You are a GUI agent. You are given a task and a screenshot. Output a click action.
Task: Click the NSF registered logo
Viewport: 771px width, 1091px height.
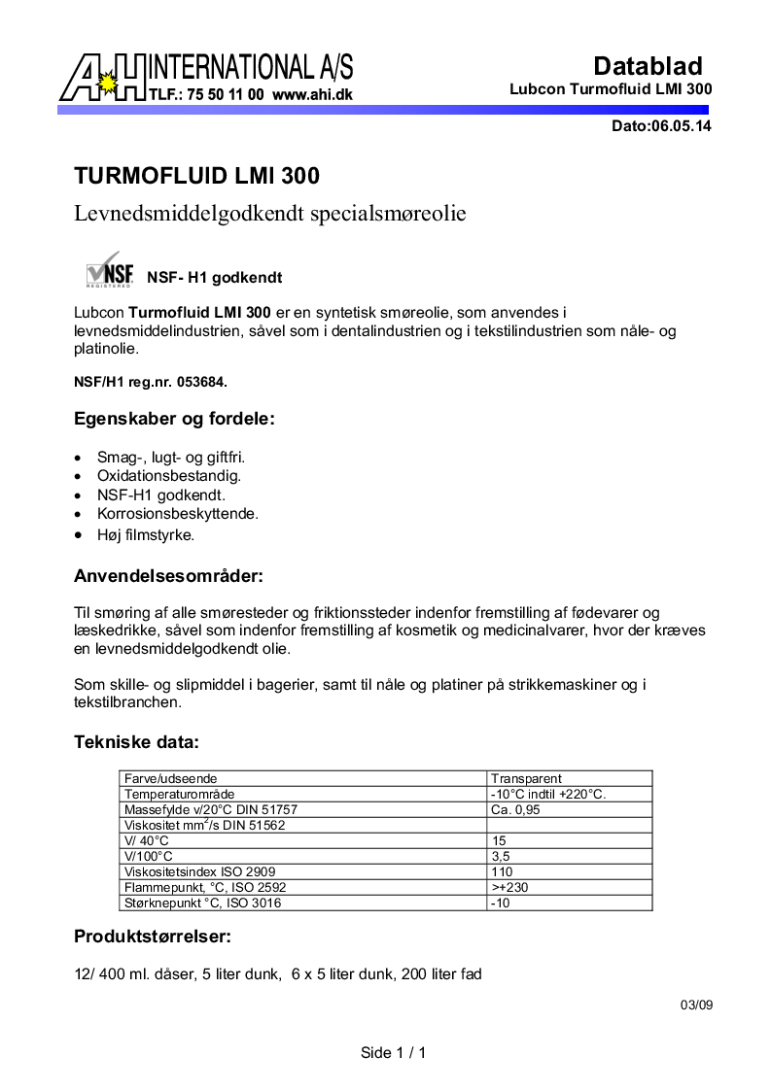click(x=109, y=272)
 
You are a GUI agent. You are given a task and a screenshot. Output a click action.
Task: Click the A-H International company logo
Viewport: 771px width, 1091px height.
click(x=206, y=78)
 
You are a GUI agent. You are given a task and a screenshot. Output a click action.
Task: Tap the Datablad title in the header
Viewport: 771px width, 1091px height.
click(x=648, y=66)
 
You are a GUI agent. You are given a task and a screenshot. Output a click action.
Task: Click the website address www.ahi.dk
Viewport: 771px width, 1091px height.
click(x=312, y=95)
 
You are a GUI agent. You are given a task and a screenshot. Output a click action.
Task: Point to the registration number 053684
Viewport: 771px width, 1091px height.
click(x=201, y=382)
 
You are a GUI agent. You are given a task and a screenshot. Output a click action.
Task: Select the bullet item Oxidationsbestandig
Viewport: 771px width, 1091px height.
click(x=168, y=476)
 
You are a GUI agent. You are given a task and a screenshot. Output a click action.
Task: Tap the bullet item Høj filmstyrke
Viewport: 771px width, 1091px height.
click(x=146, y=534)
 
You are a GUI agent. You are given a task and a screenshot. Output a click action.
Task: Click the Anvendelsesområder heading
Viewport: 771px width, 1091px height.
click(x=168, y=575)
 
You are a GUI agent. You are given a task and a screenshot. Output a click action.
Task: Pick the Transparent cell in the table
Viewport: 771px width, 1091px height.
click(x=526, y=778)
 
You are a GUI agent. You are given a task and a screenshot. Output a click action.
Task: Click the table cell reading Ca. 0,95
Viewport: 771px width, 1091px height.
click(x=515, y=809)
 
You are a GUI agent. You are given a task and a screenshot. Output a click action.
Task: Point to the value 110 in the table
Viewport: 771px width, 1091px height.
click(x=502, y=871)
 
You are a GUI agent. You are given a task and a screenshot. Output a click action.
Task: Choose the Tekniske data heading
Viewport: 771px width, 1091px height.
click(x=136, y=743)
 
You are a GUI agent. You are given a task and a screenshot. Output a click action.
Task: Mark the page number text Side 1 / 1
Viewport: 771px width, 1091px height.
click(x=394, y=1052)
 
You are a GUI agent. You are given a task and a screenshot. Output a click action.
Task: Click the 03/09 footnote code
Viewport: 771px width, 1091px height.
click(x=696, y=1006)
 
